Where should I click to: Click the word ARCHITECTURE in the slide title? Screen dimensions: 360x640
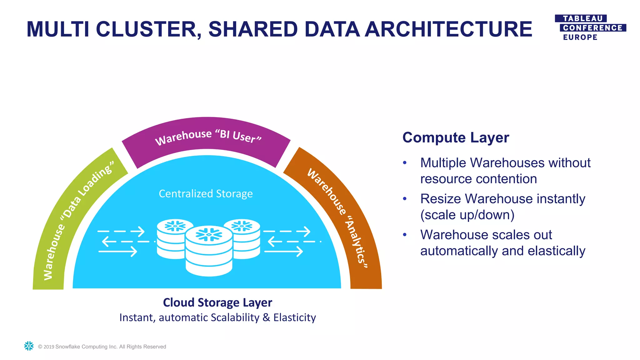[448, 29]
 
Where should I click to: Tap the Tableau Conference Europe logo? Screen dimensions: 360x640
[590, 28]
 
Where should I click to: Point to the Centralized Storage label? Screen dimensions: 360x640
[206, 194]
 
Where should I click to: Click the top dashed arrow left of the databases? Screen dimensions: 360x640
[121, 232]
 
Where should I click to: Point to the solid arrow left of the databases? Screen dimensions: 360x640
[118, 251]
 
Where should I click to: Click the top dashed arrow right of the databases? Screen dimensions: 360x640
[287, 232]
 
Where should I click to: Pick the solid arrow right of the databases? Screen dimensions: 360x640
[283, 251]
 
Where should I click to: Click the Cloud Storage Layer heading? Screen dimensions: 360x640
[217, 302]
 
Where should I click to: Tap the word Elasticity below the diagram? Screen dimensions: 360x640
[294, 317]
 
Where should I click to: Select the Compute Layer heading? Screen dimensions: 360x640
[456, 137]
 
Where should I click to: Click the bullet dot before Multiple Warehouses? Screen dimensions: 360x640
[405, 162]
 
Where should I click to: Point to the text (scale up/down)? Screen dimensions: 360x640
[467, 215]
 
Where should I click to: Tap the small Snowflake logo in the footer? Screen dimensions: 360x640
[29, 346]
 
